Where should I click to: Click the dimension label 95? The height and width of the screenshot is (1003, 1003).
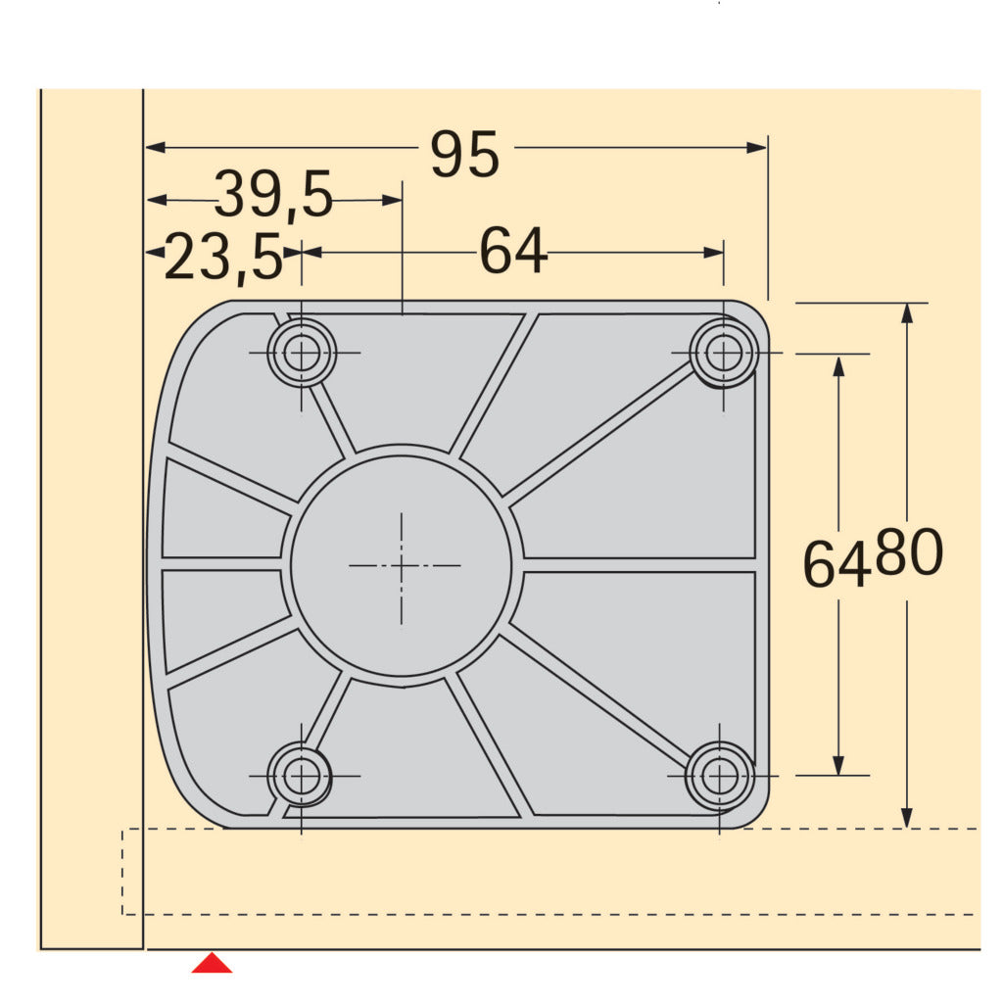click(x=465, y=155)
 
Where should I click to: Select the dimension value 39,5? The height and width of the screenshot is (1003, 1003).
click(x=273, y=195)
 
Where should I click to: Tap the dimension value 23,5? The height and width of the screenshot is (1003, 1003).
click(x=222, y=259)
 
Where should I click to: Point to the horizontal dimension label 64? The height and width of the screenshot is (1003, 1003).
click(x=512, y=252)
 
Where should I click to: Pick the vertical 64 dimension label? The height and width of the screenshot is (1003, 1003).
click(x=836, y=564)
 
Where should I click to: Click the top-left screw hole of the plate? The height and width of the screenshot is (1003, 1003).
click(x=302, y=353)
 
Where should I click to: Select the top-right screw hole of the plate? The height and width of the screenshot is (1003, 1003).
click(x=724, y=353)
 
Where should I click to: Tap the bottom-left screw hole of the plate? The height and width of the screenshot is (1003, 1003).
click(x=301, y=776)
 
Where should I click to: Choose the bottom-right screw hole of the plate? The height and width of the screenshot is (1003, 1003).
click(x=721, y=776)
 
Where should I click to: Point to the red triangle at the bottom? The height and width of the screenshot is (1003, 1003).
click(x=212, y=964)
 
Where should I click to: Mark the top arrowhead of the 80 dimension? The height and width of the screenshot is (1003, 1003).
click(x=907, y=312)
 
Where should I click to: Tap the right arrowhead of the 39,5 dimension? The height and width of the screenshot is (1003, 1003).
click(x=393, y=200)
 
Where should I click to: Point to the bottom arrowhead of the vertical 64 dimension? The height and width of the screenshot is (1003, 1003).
click(x=838, y=765)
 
